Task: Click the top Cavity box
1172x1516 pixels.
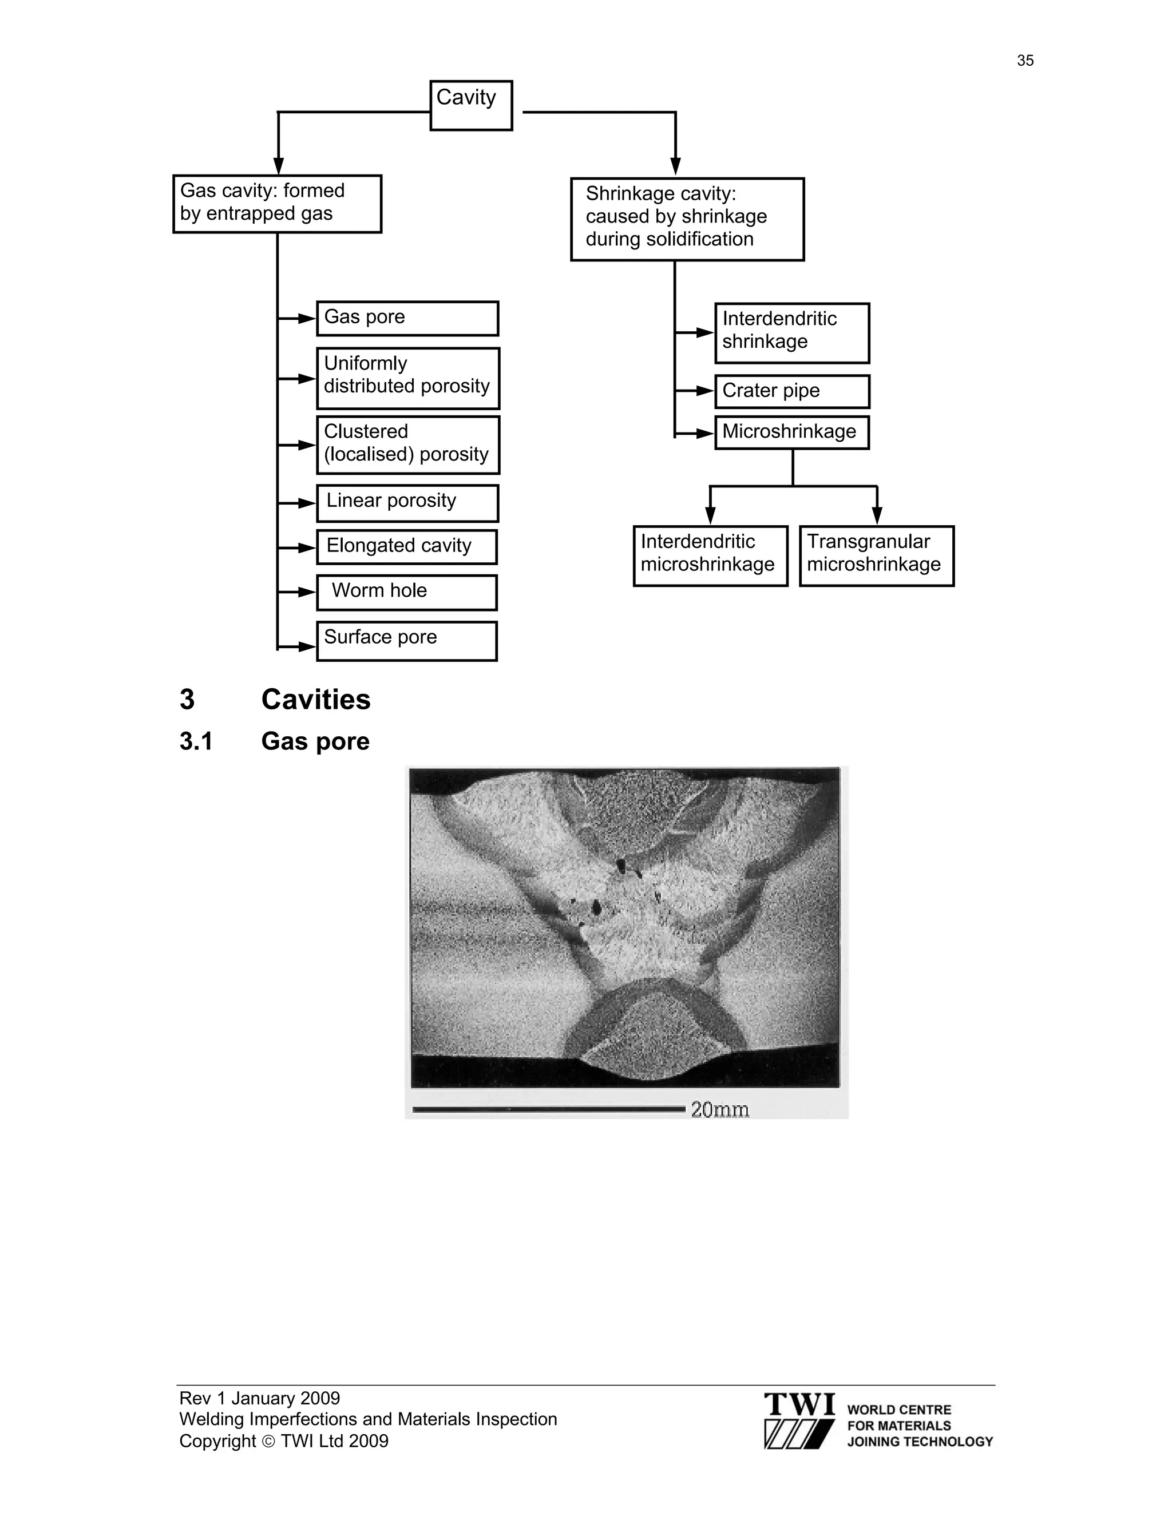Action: pos(471,105)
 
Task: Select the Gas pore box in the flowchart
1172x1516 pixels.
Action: pos(407,319)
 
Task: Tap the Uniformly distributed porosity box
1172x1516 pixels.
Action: pos(407,378)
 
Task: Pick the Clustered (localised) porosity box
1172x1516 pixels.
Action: pos(407,445)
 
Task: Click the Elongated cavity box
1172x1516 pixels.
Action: pos(406,547)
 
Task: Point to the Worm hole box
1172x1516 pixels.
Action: pos(406,592)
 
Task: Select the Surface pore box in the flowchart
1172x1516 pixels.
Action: pos(406,641)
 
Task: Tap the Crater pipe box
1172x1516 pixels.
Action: pos(791,391)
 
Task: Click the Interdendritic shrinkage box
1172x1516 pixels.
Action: pos(791,332)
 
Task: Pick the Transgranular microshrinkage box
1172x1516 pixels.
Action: pos(876,555)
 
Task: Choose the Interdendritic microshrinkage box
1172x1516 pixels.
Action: pos(710,555)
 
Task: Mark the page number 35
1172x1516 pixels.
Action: pos(1025,61)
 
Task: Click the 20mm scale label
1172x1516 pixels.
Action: pos(719,1109)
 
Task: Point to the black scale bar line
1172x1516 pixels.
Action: pos(548,1109)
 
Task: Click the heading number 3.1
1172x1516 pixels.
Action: pos(196,741)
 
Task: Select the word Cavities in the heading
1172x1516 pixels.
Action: pos(316,699)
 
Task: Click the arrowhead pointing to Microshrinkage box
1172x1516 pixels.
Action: pos(706,434)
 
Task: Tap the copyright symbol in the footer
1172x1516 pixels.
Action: pos(268,1442)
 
